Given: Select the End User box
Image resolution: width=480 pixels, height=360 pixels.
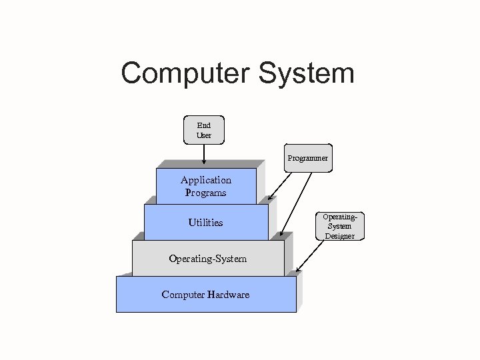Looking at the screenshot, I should pyautogui.click(x=204, y=130).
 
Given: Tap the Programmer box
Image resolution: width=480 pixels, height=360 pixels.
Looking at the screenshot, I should pyautogui.click(x=307, y=158).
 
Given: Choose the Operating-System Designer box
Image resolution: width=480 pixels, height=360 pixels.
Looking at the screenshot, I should pyautogui.click(x=339, y=226).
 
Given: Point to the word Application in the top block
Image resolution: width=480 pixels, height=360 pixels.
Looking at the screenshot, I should pyautogui.click(x=206, y=180).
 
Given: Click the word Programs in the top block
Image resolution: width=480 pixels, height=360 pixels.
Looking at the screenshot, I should pyautogui.click(x=206, y=193).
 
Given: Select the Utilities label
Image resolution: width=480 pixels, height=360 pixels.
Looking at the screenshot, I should pyautogui.click(x=205, y=223).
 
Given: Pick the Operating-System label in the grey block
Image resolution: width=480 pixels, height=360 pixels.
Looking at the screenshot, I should pyautogui.click(x=207, y=259).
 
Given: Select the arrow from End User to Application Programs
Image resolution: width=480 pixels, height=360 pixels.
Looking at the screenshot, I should pyautogui.click(x=204, y=153).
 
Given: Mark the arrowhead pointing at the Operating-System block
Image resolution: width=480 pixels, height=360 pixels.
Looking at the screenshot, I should pyautogui.click(x=283, y=234).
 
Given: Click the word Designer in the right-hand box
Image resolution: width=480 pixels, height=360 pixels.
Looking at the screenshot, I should pyautogui.click(x=339, y=236).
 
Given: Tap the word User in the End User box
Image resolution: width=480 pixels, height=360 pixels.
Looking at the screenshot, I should pyautogui.click(x=204, y=135).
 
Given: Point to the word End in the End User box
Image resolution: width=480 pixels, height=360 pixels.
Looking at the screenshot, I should pyautogui.click(x=204, y=125).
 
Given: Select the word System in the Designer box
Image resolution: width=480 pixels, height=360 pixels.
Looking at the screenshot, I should pyautogui.click(x=339, y=226).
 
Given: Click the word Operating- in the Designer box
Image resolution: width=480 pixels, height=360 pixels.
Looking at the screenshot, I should pyautogui.click(x=339, y=217).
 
